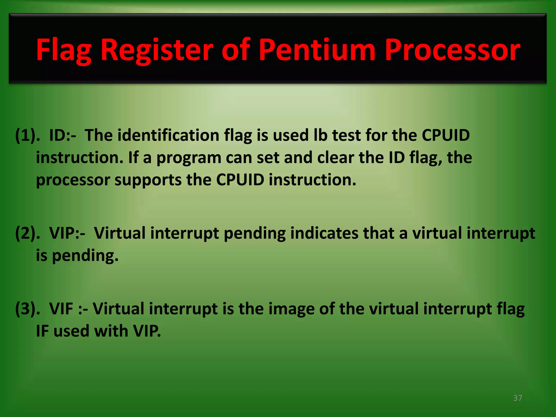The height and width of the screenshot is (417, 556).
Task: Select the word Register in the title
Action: coord(157,50)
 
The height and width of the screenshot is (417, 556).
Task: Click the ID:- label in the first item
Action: coord(63,135)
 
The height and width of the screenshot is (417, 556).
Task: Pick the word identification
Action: coord(168,135)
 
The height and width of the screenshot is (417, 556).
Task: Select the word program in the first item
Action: coord(189,158)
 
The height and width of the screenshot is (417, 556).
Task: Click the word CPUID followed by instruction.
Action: coord(240,180)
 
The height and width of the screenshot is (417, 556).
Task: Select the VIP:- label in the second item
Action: coord(67,233)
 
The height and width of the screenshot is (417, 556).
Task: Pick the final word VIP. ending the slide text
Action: coord(147,331)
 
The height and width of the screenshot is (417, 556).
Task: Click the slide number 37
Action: coord(518,398)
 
